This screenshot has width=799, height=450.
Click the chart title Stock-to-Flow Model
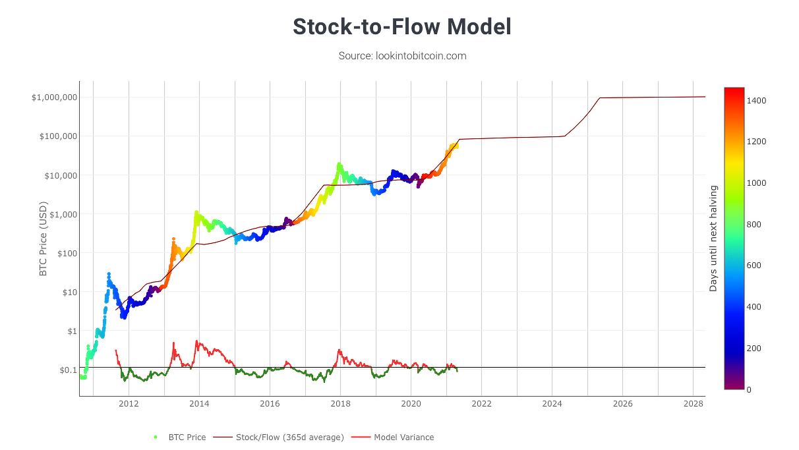(402, 27)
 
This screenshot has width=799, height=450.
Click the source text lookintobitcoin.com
(421, 56)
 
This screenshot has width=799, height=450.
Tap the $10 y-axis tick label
(70, 293)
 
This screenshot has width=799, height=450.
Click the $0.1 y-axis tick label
(68, 370)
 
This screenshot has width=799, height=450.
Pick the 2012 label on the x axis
(129, 404)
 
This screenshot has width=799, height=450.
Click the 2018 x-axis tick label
(340, 404)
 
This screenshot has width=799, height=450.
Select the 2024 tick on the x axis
(552, 404)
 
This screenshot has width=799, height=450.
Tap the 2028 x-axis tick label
(693, 404)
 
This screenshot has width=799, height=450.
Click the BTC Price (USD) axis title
(43, 239)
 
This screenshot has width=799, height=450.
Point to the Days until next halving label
(713, 239)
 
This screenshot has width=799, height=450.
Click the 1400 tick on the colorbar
(757, 101)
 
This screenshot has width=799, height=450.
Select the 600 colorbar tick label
(754, 266)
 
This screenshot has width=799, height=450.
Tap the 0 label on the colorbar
(749, 390)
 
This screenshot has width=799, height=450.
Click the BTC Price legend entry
(180, 437)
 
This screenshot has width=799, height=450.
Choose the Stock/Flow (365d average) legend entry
(279, 437)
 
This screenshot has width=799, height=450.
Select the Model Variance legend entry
(393, 437)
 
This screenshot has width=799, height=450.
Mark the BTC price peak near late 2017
(339, 164)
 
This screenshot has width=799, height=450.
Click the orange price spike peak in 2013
(173, 239)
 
